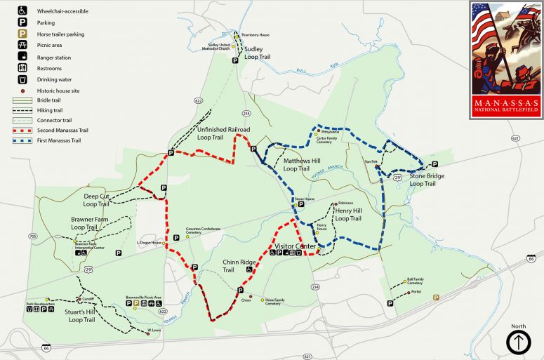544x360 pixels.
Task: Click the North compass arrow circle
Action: point(518,342)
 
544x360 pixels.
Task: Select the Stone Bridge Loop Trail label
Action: point(427,179)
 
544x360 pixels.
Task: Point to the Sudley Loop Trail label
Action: point(257,53)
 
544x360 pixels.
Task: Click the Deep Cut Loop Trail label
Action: point(95,201)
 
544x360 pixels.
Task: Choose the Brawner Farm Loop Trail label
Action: point(89,223)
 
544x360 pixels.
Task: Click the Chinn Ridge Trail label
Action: point(238,266)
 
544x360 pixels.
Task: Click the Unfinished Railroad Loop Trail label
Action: point(223,133)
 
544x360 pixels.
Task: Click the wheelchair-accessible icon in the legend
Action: point(22,11)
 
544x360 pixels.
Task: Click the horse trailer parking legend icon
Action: point(22,32)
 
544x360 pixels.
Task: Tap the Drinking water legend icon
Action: point(22,79)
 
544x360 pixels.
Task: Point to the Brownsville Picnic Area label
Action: point(144,297)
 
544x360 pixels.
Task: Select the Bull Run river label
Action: point(303,69)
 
